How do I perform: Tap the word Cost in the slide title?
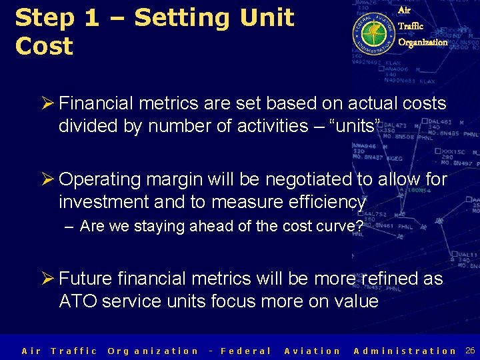tap(44, 47)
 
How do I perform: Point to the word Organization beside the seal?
tap(423, 42)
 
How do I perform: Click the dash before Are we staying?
tap(70, 227)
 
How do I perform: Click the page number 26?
tap(470, 350)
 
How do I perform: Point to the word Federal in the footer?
tap(245, 351)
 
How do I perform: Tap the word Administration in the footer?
tap(405, 351)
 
